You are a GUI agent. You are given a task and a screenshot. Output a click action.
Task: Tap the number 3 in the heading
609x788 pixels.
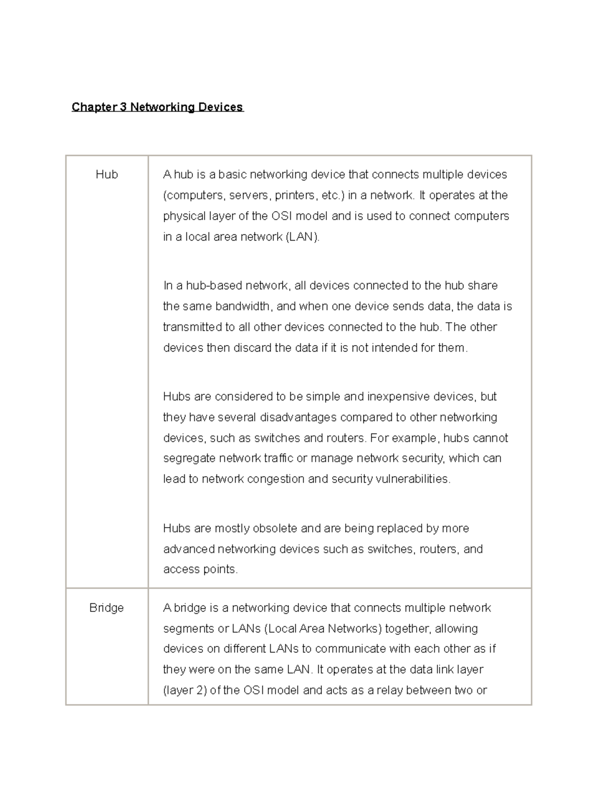pyautogui.click(x=123, y=107)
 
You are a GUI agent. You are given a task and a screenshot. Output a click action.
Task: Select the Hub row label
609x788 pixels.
pyautogui.click(x=107, y=175)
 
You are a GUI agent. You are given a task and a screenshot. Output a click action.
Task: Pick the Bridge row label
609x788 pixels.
pyautogui.click(x=107, y=608)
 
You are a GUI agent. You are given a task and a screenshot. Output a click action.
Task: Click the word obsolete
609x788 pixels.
pyautogui.click(x=277, y=529)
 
